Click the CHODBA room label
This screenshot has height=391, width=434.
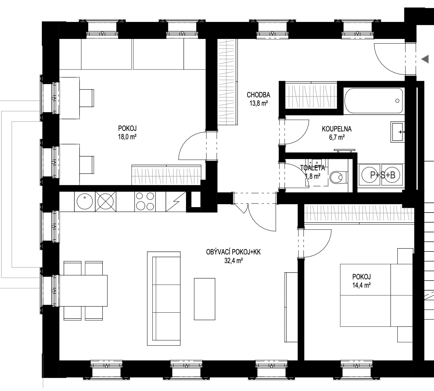click(258, 95)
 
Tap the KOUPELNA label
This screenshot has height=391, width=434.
click(337, 129)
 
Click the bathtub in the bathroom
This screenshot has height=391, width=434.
click(374, 101)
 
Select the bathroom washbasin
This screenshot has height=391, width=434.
click(397, 132)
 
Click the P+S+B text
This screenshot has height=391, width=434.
click(383, 175)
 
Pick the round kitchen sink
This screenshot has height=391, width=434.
click(85, 201)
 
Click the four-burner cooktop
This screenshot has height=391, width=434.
click(145, 201)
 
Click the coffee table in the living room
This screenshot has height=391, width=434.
click(205, 299)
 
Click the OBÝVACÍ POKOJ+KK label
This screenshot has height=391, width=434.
click(233, 252)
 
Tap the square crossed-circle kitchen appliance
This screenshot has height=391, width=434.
click(106, 201)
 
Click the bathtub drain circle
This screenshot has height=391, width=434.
click(397, 101)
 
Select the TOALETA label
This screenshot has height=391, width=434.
click(313, 168)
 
